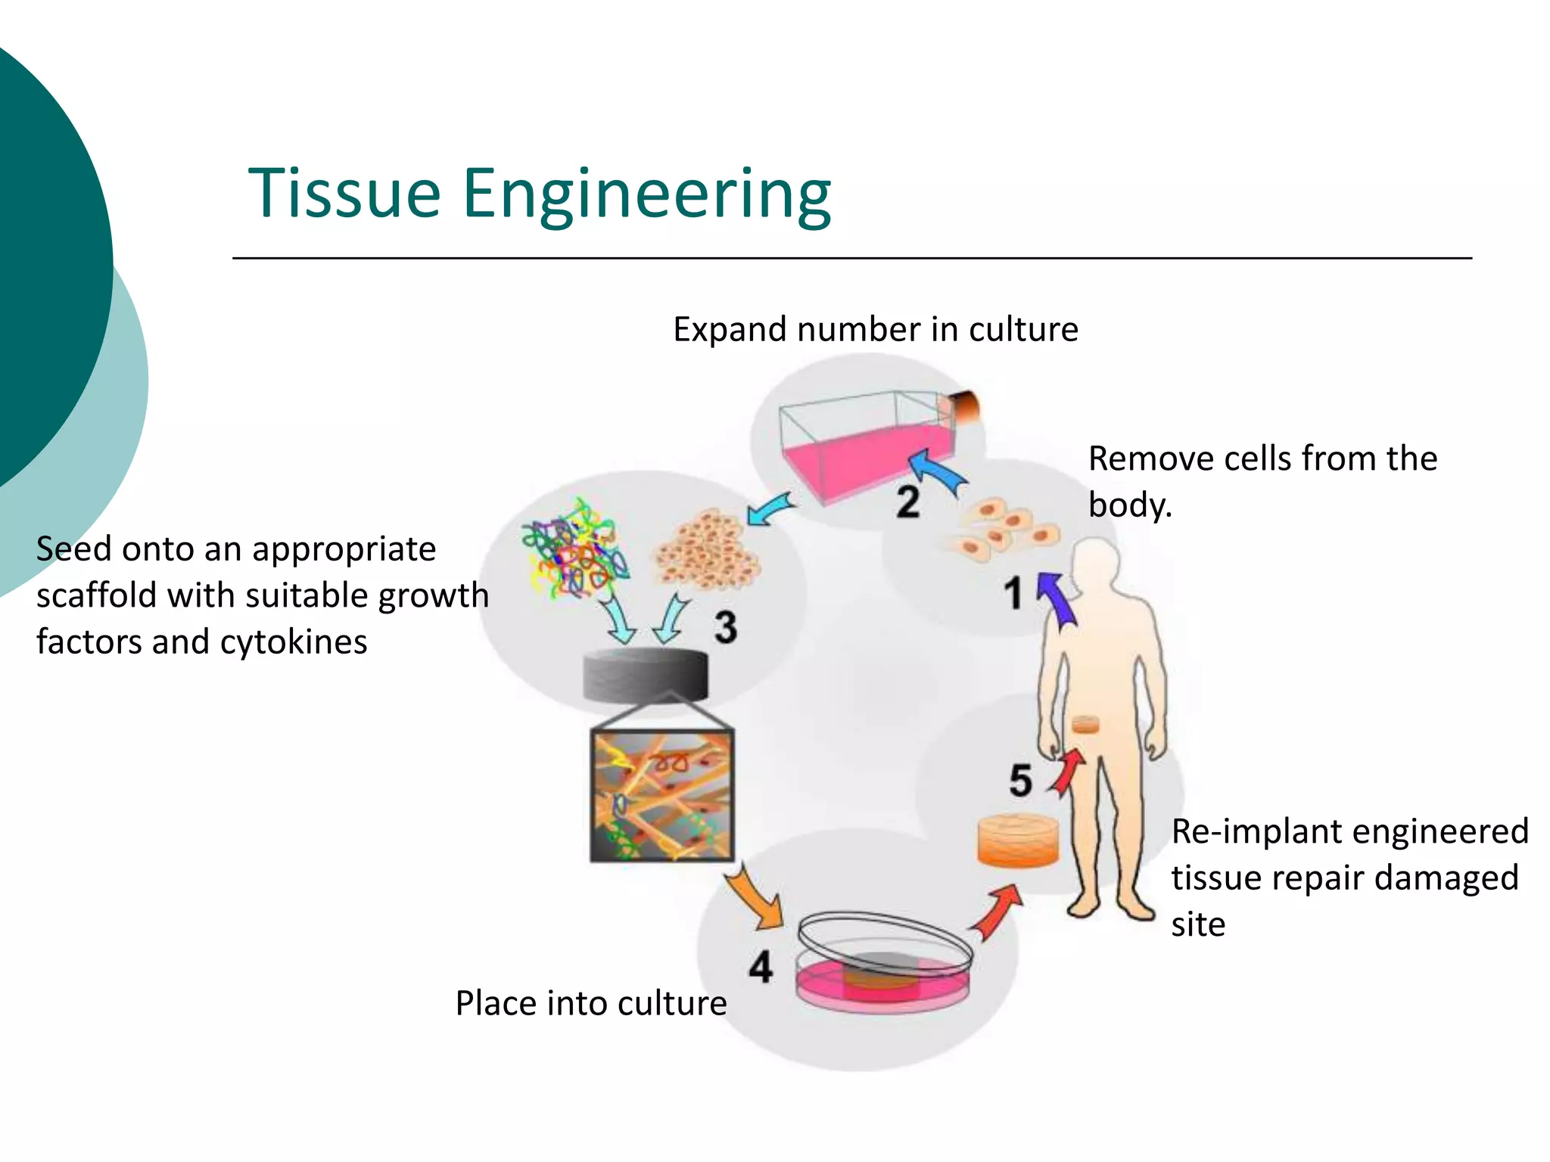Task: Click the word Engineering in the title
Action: click(646, 195)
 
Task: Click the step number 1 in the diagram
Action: click(1013, 593)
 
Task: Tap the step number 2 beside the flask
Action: click(907, 502)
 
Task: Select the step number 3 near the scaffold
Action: click(725, 627)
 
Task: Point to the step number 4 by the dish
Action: click(761, 967)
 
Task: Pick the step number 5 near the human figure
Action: click(1020, 780)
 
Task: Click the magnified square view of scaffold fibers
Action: click(661, 796)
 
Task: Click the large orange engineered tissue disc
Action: click(1018, 840)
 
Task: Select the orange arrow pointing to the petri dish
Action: click(757, 900)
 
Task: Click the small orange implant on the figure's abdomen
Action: click(1085, 725)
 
